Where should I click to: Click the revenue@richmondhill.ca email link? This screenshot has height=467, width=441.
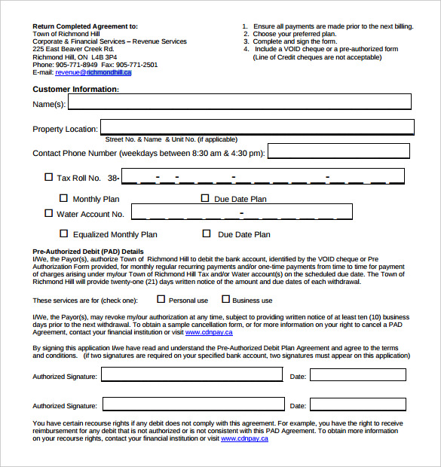pos(93,73)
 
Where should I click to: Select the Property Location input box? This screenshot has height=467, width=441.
pos(257,127)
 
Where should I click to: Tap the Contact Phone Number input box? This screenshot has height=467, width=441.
pos(338,151)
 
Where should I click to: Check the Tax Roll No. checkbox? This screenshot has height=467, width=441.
pos(49,178)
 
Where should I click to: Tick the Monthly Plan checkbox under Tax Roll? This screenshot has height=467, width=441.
pos(64,199)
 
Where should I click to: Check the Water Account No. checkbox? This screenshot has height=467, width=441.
pos(49,214)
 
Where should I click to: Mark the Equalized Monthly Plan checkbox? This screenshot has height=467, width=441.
pos(64,234)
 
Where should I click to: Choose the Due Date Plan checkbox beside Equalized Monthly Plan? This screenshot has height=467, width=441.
pos(207,234)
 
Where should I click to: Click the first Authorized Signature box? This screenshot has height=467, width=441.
pos(191,375)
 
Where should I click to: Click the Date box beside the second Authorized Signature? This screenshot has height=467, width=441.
pos(357,405)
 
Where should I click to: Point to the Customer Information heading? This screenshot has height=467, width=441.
pos(75,89)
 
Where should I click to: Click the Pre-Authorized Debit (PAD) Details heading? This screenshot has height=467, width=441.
pos(87,252)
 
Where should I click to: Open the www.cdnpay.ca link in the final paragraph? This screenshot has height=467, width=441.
pos(244,438)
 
